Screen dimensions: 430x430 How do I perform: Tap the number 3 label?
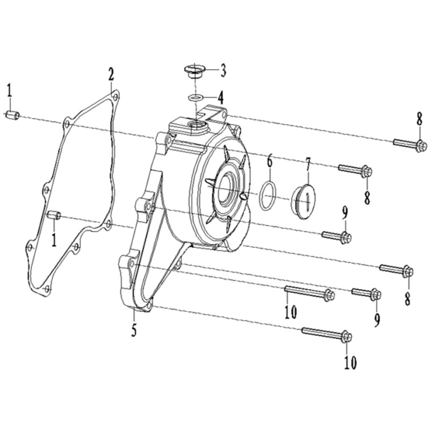pos(223,71)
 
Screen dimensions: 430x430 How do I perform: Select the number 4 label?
pos(220,97)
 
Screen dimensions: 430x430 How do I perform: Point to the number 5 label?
pos(134,331)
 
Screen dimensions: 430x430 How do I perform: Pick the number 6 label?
pos(270,161)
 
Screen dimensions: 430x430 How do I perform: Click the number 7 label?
pos(308,166)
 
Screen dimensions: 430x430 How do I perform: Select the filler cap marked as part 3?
pos(195,71)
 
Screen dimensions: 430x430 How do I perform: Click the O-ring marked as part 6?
pos(267,195)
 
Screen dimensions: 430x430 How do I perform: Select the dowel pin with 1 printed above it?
pos(12,114)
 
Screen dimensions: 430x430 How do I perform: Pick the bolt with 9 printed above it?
pos(337,236)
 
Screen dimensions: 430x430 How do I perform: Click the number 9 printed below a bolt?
pos(377,320)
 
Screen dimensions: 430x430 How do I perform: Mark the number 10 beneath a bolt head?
pos(350,362)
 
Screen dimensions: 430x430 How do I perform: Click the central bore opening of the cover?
pos(226,189)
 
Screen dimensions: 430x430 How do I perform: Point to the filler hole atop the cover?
pos(196,126)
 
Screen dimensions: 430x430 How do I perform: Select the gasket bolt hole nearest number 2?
pos(116,97)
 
